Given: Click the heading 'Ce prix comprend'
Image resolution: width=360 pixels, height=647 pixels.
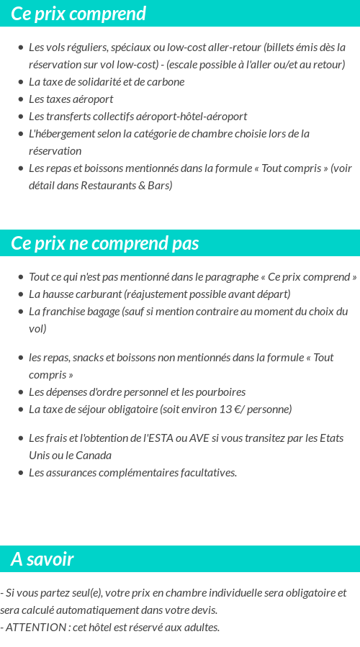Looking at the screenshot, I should coord(78,14).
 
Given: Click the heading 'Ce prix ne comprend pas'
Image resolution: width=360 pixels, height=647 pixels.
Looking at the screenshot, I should coord(105,243).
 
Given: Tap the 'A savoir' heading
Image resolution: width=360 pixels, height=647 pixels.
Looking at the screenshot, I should coord(42,559).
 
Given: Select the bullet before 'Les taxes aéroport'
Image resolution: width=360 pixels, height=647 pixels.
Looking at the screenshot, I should coord(20,99).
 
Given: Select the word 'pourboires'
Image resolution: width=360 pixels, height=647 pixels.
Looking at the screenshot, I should coord(219,392).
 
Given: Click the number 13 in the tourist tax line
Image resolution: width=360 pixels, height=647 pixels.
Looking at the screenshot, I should coord(225,410).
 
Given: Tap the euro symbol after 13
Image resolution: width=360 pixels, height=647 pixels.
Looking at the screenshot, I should coord(239,410).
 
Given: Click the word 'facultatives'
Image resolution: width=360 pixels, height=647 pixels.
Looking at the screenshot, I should coord(203,473).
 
